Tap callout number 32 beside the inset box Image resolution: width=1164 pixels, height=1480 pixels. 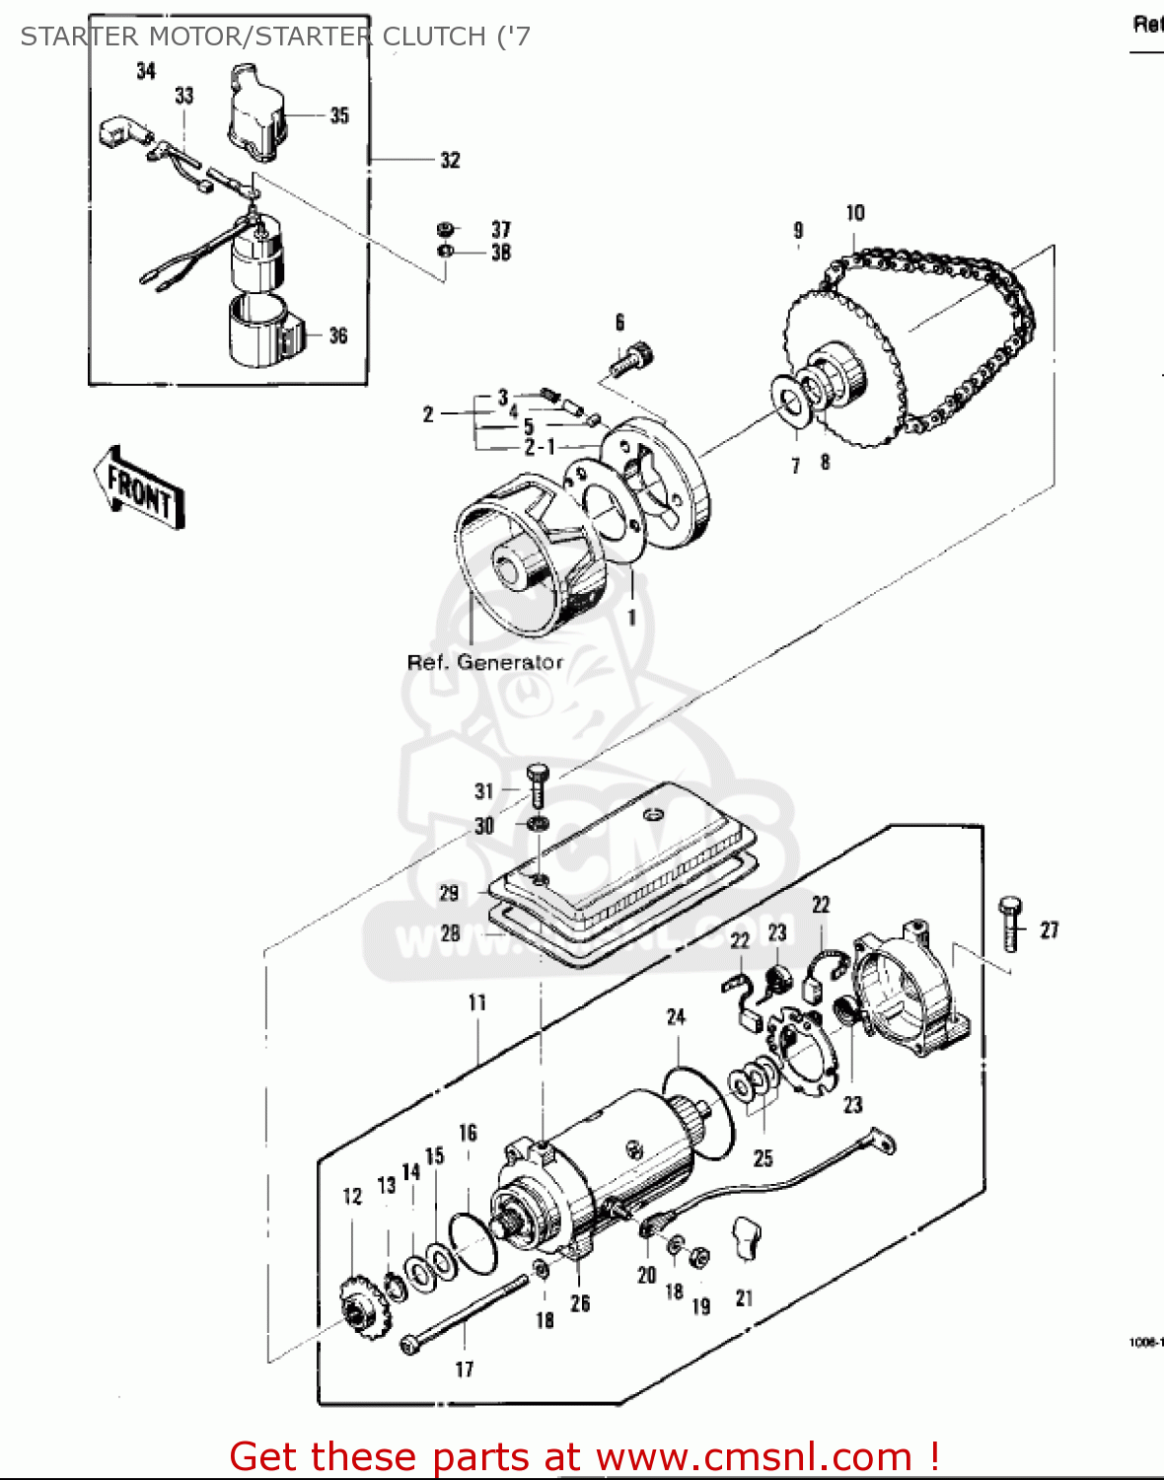click(x=450, y=160)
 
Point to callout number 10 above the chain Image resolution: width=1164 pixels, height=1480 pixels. click(x=855, y=213)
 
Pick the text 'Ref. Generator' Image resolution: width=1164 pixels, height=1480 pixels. click(x=484, y=663)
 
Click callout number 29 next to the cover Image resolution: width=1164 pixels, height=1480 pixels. click(x=449, y=893)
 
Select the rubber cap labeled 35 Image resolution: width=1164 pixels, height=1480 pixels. click(x=255, y=111)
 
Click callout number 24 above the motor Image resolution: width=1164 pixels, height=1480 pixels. click(x=676, y=1016)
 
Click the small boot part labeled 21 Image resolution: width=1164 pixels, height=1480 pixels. click(x=748, y=1238)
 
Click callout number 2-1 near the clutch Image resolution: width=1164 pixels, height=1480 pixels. click(x=540, y=448)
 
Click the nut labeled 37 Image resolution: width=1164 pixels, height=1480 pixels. click(x=445, y=230)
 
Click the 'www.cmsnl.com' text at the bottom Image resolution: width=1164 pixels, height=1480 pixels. click(x=755, y=1456)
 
